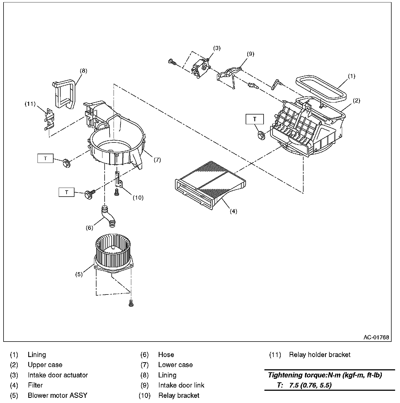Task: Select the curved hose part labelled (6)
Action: [x=108, y=216]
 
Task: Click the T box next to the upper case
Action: [x=255, y=119]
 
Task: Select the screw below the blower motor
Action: [x=131, y=303]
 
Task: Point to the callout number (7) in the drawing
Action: [x=157, y=160]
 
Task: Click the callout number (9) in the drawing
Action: [x=250, y=54]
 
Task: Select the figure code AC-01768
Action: [x=376, y=337]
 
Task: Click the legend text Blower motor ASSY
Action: [x=58, y=395]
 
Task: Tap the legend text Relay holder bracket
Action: [x=320, y=355]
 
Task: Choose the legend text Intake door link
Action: [x=181, y=385]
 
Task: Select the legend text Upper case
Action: [x=45, y=365]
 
